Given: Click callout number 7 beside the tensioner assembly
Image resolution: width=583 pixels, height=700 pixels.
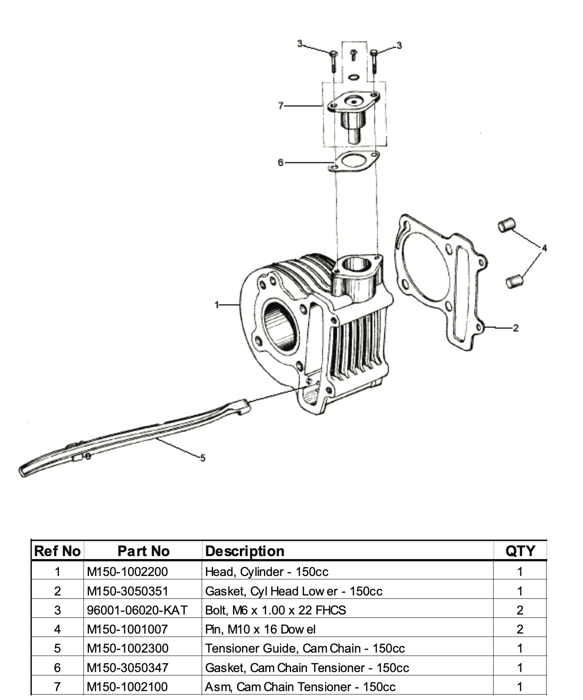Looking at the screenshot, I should pos(280,105).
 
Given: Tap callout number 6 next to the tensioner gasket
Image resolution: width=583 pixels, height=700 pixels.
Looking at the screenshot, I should pos(280,163).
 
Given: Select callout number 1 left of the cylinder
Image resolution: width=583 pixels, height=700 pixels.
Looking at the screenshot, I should pos(217,304).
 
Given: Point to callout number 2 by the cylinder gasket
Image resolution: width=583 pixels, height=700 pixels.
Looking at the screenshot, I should pos(515,328).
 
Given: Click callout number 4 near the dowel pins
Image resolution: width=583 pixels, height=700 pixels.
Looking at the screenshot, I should pos(544,248).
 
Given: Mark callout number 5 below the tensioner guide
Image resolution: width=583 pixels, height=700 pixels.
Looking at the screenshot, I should pos(203,458).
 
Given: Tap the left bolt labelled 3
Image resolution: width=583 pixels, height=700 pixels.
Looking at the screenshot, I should pos(333,60).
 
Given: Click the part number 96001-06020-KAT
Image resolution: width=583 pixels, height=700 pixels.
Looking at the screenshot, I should pos(137,610).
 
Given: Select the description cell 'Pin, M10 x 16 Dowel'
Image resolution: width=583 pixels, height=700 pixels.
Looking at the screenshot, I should pos(260,629).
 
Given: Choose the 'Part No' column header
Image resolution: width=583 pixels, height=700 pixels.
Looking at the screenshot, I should pos(143,551).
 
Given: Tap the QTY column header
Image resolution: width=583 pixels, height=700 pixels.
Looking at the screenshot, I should pos(520,551).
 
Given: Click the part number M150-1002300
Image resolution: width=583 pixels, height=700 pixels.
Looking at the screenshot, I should pos(128,648).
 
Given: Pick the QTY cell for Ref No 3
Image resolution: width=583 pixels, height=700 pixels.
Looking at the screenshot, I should pos(520,610).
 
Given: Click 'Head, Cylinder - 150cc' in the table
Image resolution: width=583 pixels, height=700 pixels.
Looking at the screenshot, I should pos(267,572).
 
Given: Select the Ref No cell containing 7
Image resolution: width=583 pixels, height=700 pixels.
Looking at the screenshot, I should pos(57,686).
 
